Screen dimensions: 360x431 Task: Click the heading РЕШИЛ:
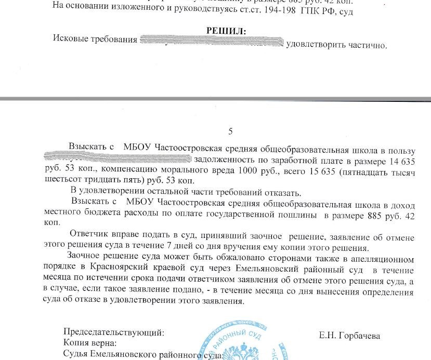(x=226, y=31)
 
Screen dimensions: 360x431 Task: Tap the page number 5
(x=231, y=131)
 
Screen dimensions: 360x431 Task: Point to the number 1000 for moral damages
(x=250, y=171)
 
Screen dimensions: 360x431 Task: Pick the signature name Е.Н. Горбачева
(x=349, y=336)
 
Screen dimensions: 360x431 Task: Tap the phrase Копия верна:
(x=89, y=343)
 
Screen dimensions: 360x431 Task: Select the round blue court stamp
(x=231, y=340)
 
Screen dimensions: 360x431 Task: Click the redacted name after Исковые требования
(x=211, y=42)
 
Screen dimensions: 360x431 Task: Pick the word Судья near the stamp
(x=76, y=355)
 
